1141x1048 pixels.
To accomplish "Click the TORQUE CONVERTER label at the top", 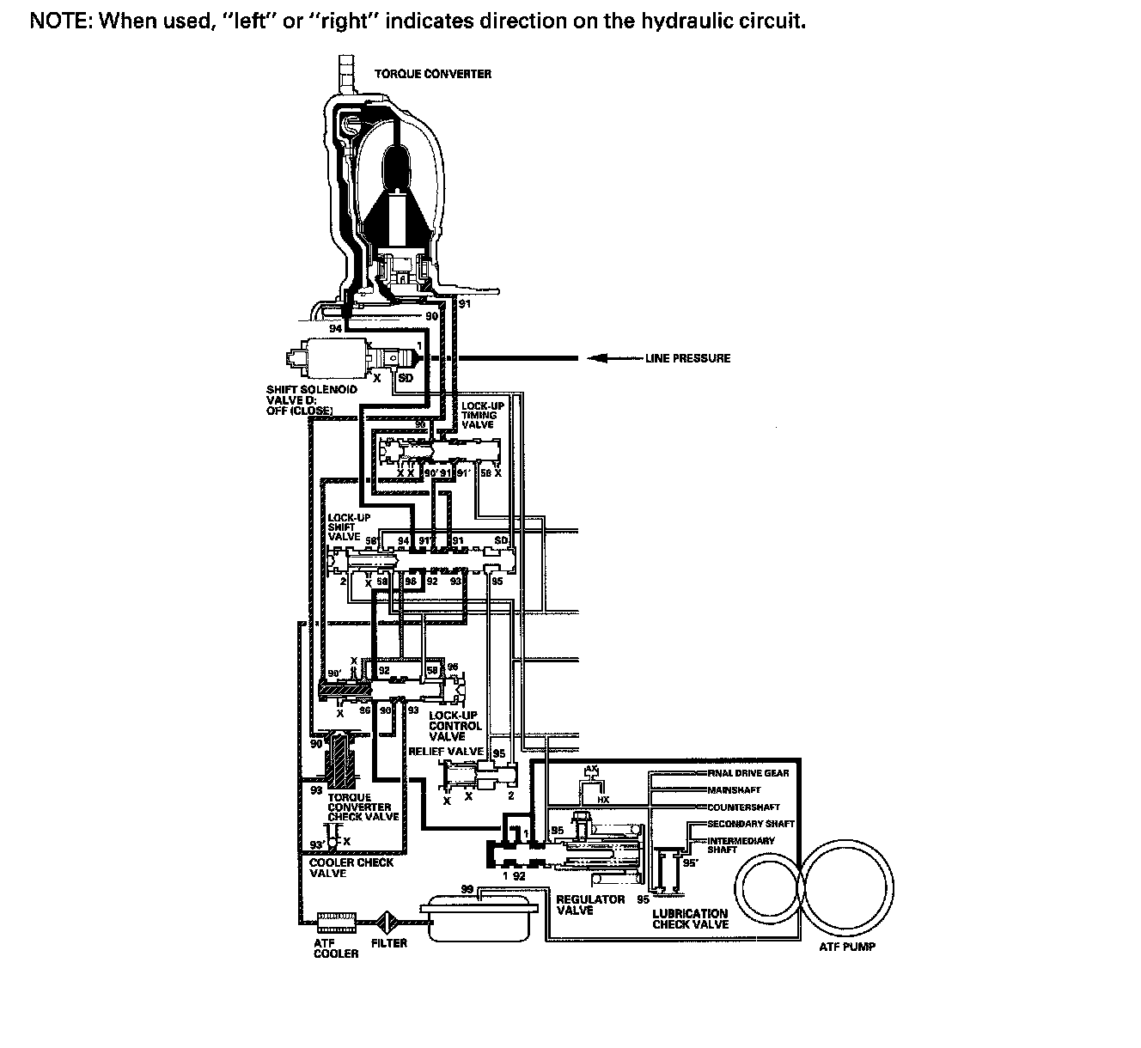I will coord(433,74).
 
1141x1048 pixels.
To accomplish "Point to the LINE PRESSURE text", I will coord(687,358).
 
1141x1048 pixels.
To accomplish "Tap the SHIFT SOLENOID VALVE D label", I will coord(311,399).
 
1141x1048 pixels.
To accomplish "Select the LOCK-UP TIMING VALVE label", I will coord(479,415).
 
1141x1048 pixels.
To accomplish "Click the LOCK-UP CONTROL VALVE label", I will coord(455,726).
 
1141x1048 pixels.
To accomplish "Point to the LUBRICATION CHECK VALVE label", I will coord(690,918).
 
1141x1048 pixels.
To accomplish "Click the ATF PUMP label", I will coord(847,947).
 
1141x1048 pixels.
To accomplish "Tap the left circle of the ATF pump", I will coord(772,887).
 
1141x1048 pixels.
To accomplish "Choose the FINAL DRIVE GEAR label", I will coord(749,773).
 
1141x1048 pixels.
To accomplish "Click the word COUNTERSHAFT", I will coord(743,807).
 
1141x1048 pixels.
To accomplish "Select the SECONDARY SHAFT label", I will coord(751,824).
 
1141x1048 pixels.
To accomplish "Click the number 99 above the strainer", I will coord(467,890).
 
